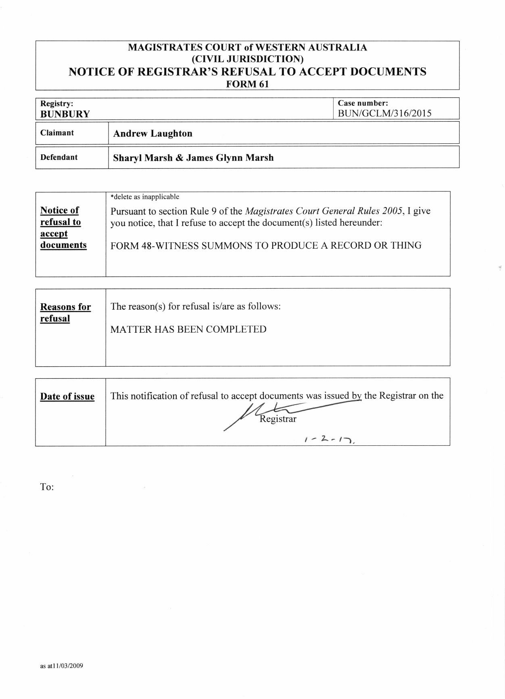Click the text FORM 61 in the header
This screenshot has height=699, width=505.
click(247, 84)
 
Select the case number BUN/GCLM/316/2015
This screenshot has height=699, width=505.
click(384, 113)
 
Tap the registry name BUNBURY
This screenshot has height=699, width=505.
click(65, 114)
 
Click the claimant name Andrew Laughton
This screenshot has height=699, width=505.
click(152, 133)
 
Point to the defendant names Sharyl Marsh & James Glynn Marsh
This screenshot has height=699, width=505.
click(193, 157)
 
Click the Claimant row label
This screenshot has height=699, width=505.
click(57, 133)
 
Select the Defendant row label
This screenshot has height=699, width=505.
click(59, 157)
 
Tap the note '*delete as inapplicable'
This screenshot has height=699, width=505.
click(145, 197)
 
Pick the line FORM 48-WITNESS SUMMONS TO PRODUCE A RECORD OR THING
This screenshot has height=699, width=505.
click(266, 246)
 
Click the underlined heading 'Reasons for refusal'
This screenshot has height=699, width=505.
click(65, 313)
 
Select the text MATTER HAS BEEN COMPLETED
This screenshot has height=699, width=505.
click(188, 329)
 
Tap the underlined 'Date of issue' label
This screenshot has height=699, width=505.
click(67, 396)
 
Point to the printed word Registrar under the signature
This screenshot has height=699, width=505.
click(278, 419)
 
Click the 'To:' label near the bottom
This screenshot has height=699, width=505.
click(47, 487)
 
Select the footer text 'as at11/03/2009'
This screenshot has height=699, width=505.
click(61, 666)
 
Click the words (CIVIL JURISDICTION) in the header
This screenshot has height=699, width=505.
click(247, 59)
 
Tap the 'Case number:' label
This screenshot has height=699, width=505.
click(363, 103)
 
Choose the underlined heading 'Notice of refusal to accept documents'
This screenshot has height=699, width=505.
click(63, 227)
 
